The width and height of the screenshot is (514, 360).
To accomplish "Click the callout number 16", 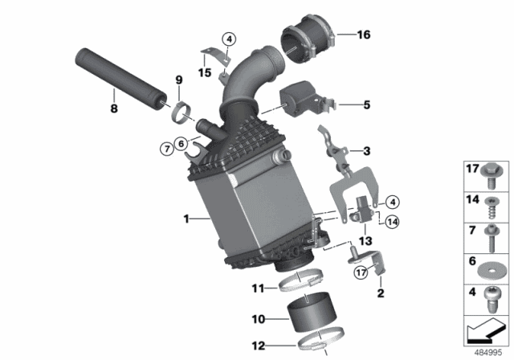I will tap(364, 35).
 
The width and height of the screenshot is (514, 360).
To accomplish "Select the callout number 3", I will tap(365, 150).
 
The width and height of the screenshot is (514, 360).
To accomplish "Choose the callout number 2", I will tap(381, 294).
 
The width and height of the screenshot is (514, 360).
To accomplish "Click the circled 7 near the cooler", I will tap(165, 147).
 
